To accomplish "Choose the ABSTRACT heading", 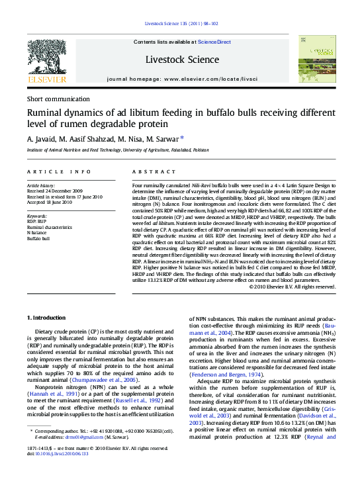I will pyautogui.click(x=149, y=171).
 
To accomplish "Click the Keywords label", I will pyautogui.click(x=36, y=216).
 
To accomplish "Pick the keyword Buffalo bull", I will pyautogui.click(x=38, y=238).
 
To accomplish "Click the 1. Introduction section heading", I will pyautogui.click(x=46, y=318).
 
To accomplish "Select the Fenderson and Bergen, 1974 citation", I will pyautogui.click(x=226, y=375).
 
